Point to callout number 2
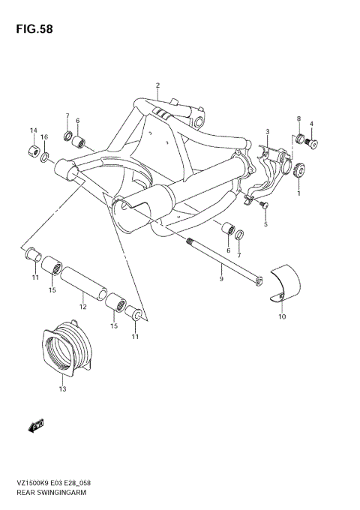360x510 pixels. click(x=158, y=85)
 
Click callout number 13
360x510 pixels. click(x=62, y=390)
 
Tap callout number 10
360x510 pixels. click(x=282, y=317)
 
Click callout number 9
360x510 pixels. click(x=221, y=279)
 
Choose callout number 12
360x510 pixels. click(x=83, y=306)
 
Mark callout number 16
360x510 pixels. click(x=45, y=137)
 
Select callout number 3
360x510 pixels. click(x=267, y=132)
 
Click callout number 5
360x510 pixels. click(x=265, y=224)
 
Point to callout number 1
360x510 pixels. click(x=298, y=193)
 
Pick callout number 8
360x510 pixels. click(x=298, y=119)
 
